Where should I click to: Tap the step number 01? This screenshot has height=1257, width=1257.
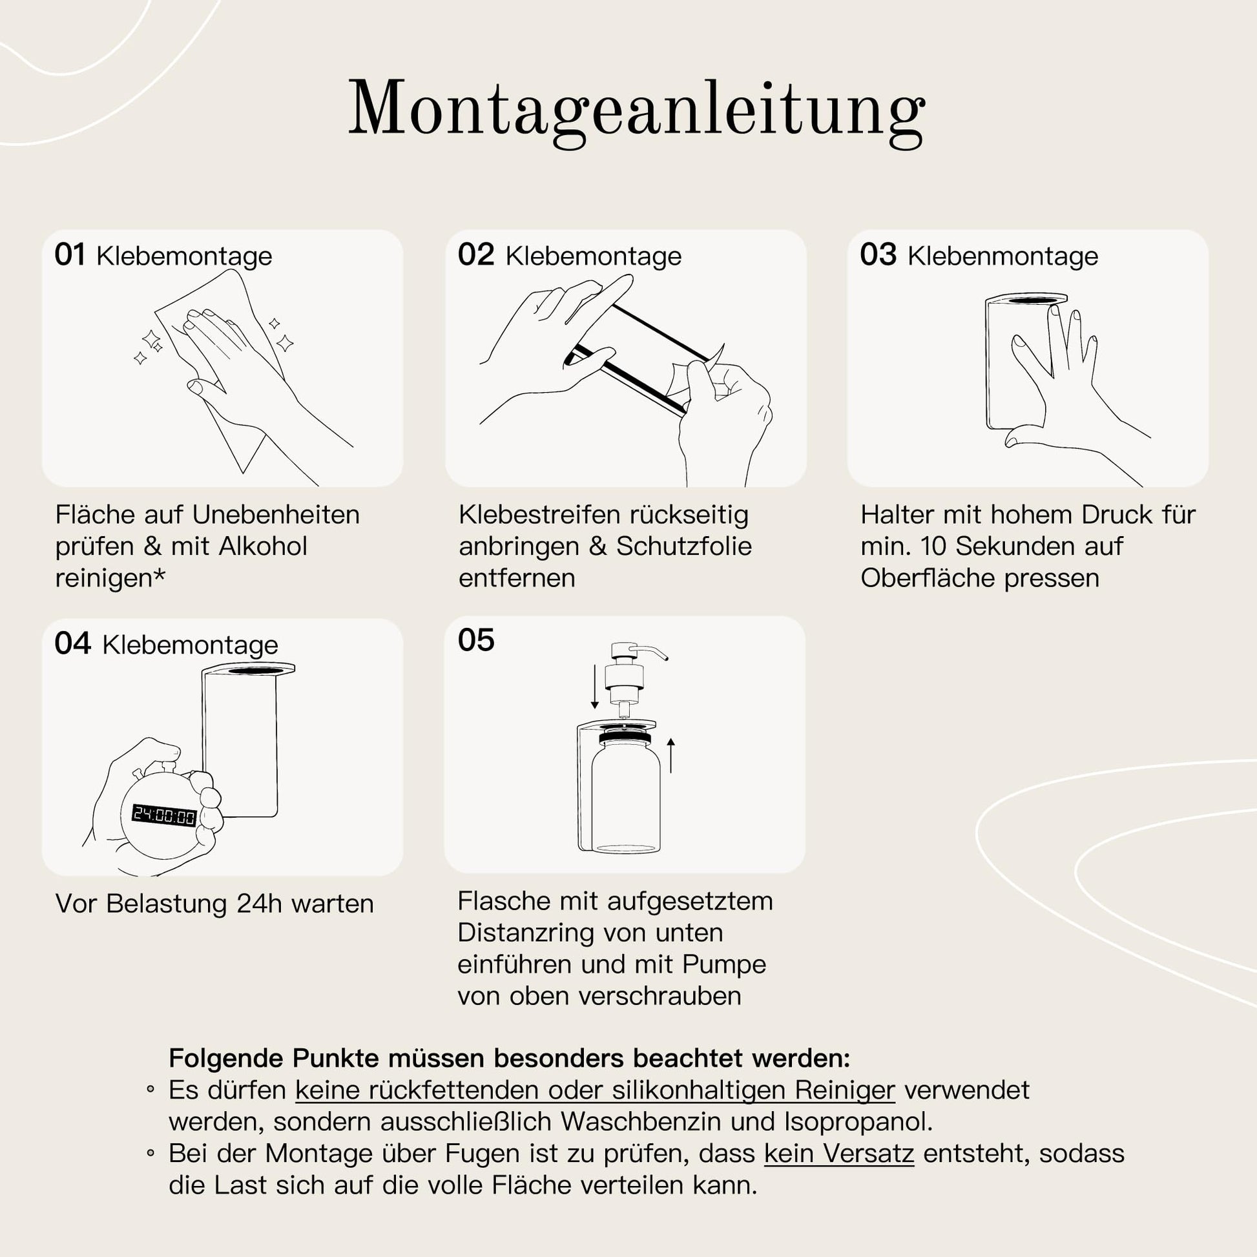[70, 255]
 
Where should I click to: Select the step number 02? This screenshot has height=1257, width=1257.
[476, 255]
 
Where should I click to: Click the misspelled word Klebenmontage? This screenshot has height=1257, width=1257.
[1002, 256]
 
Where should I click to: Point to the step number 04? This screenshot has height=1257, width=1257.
[72, 643]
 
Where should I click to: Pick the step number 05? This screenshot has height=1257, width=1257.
[476, 640]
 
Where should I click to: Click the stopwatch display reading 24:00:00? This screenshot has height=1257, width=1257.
[164, 815]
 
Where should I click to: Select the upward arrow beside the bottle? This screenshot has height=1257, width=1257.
[670, 754]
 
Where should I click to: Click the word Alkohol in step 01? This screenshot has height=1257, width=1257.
[263, 546]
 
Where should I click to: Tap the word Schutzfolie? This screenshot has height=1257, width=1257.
[684, 546]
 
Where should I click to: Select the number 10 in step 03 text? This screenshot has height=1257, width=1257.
[933, 546]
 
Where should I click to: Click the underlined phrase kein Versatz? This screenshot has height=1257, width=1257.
[838, 1154]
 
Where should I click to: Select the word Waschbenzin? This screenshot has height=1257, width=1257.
[641, 1121]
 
